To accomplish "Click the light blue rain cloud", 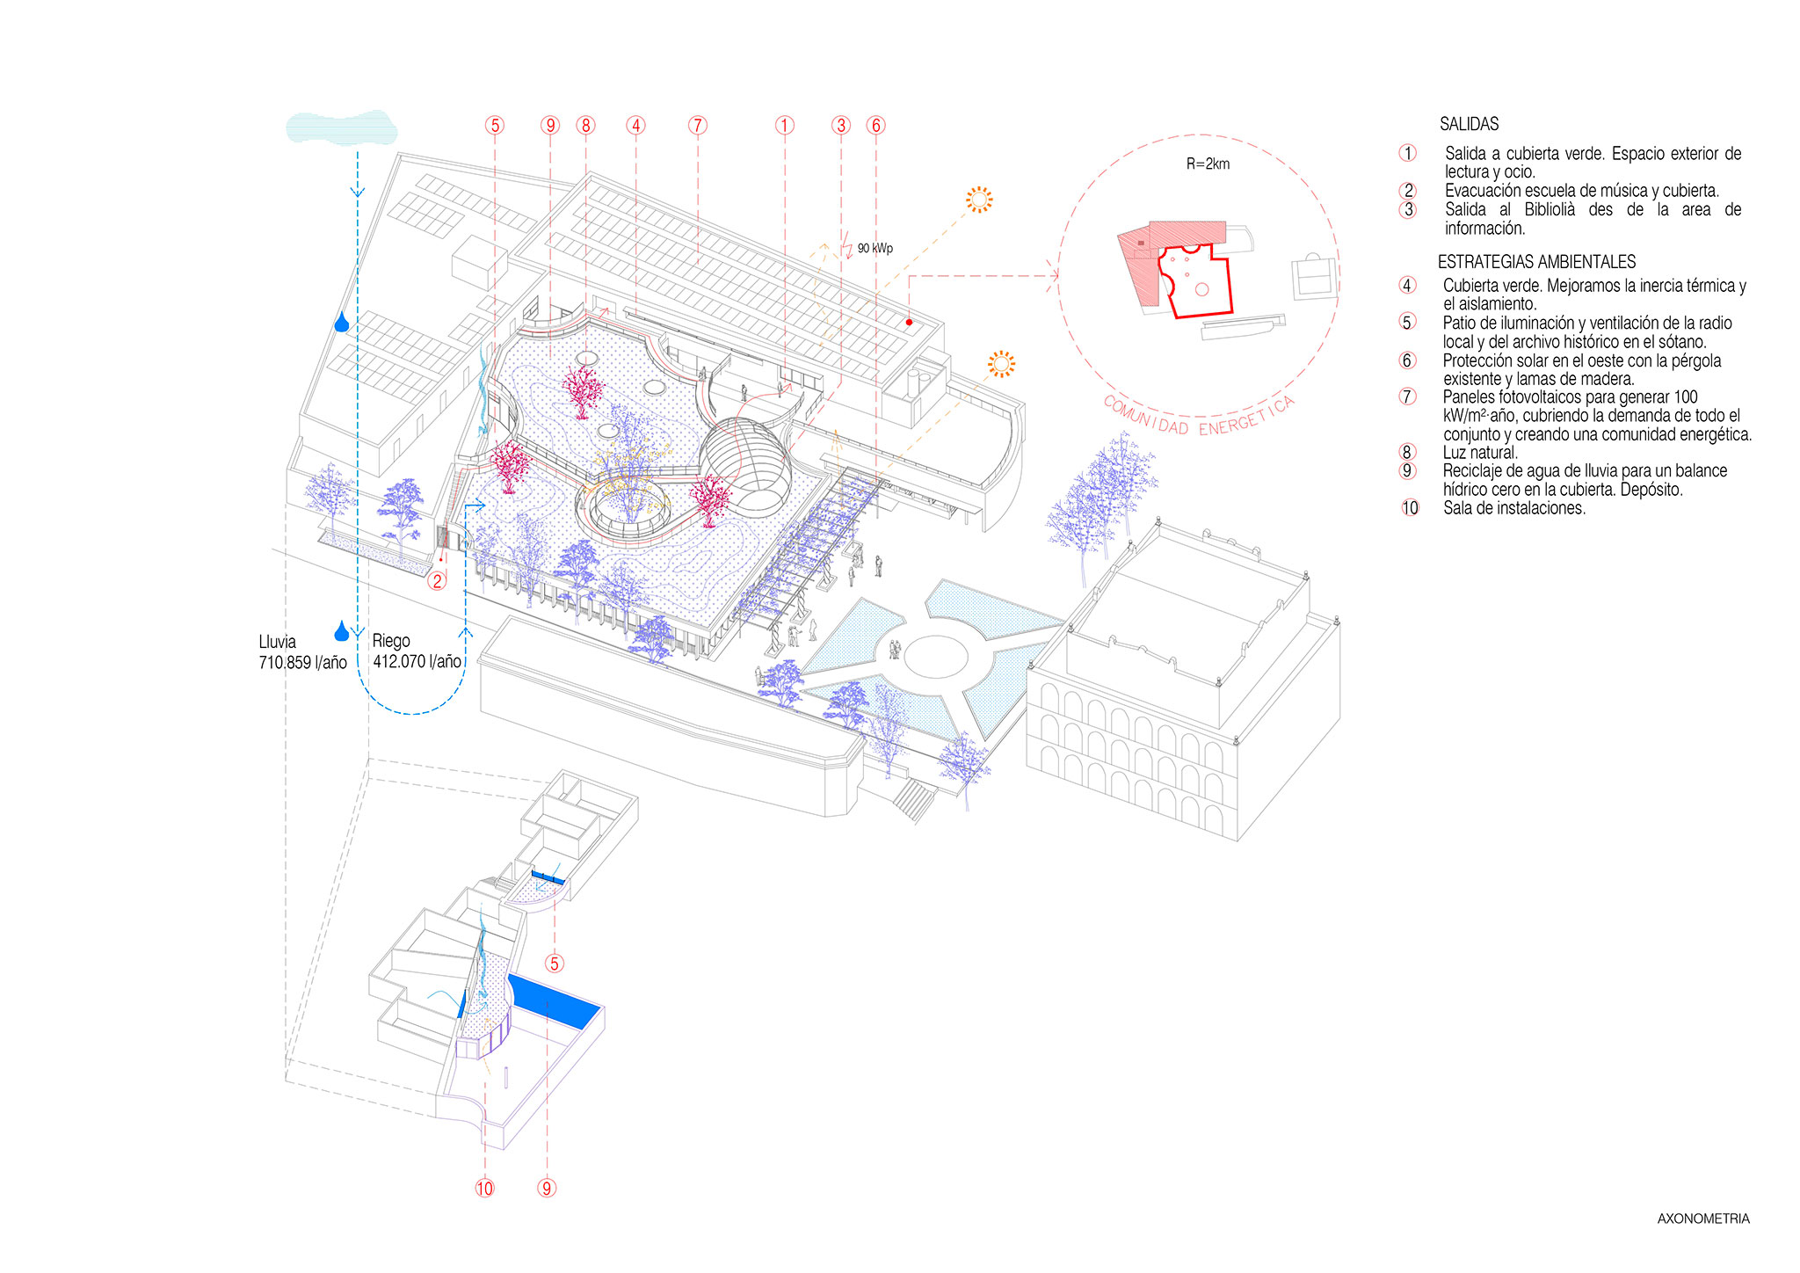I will click(341, 127).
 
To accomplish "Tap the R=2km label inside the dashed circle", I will click(1208, 164).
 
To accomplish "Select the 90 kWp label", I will click(875, 249).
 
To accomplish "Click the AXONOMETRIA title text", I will click(1702, 1218).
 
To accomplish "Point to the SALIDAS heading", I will click(1469, 125).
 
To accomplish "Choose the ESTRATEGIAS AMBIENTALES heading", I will click(1536, 262).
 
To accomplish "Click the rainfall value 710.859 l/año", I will click(302, 663).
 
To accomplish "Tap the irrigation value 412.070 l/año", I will click(417, 662).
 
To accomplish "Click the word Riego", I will click(391, 641).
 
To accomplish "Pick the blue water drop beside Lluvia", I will click(341, 631).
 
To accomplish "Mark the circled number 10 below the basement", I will click(485, 1189).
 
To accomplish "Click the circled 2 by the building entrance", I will click(437, 580).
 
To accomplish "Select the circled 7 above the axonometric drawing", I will click(698, 126).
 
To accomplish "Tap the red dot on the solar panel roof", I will click(909, 323).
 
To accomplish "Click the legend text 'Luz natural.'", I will click(1480, 453).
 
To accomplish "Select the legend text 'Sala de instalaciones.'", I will click(1513, 508).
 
